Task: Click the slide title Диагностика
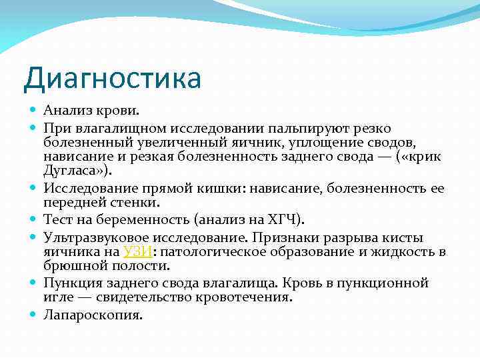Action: pyautogui.click(x=111, y=79)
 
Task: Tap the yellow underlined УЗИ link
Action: pyautogui.click(x=139, y=251)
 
